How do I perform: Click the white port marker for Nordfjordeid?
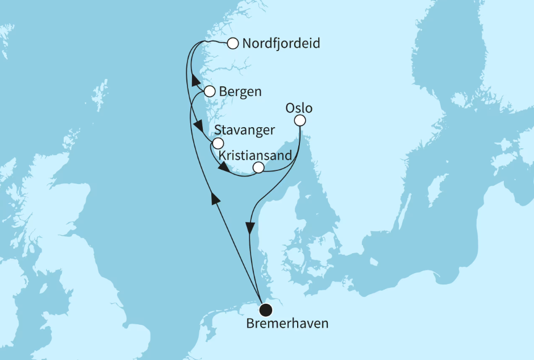232,43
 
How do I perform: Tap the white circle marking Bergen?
210,91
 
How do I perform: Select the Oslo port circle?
300,120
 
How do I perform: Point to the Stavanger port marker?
218,144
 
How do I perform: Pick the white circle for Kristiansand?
258,167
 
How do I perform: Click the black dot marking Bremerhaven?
265,309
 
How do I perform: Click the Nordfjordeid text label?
281,43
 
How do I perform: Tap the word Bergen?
241,91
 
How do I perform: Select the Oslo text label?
300,107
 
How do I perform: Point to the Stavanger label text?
245,130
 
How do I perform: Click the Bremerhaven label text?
287,324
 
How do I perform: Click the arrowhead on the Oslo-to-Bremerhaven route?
251,227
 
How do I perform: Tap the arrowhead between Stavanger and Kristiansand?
224,169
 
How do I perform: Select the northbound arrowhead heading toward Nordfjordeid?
193,79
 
